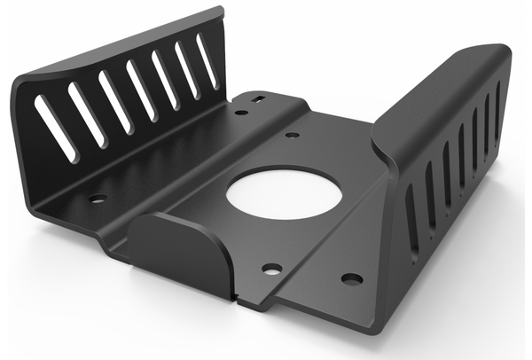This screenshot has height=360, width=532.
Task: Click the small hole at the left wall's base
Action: (98, 199)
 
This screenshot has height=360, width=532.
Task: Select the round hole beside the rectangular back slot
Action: (241, 113)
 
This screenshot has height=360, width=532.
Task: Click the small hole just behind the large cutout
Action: (292, 136)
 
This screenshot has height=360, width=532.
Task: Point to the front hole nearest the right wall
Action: (351, 278)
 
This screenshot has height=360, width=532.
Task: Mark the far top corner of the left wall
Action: (215, 12)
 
